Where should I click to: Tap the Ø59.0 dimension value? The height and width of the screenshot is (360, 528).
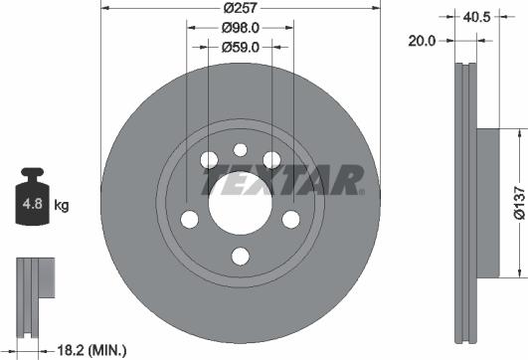(241, 45)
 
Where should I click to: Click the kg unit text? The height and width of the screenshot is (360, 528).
(62, 206)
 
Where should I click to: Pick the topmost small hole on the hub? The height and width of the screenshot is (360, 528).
(240, 150)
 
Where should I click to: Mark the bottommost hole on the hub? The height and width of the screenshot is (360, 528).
(239, 257)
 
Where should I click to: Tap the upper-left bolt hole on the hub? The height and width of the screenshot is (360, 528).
(208, 160)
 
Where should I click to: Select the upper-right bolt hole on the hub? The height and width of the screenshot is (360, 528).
(270, 160)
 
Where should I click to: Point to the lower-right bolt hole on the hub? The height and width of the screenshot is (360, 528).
(291, 220)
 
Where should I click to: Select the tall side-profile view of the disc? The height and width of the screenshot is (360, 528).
(463, 199)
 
